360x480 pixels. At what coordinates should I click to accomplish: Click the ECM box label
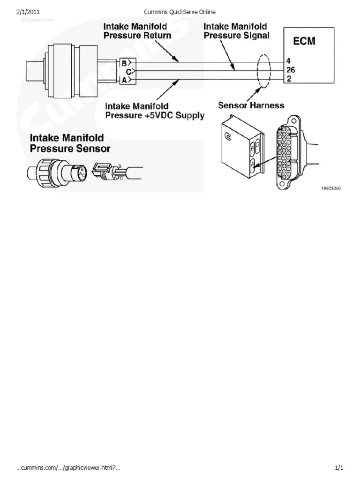coord(305,41)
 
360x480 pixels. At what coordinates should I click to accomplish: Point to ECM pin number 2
coord(288,80)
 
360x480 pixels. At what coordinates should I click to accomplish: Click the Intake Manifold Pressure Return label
coord(137,31)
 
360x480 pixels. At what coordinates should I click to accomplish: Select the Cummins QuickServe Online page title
coord(180,11)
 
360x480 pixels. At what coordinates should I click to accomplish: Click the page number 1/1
coord(339,467)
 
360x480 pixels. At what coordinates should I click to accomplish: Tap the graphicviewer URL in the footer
coord(68,467)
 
